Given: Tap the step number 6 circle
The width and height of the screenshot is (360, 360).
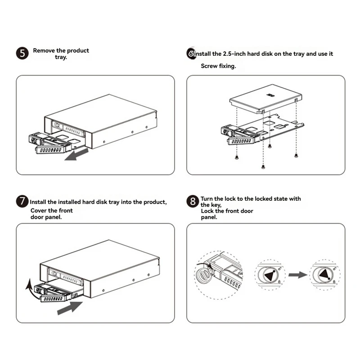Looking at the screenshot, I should (x=191, y=54).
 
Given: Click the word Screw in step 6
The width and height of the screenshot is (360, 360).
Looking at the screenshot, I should (x=209, y=66).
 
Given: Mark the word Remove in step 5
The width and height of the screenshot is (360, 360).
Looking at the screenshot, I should (x=44, y=50).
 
